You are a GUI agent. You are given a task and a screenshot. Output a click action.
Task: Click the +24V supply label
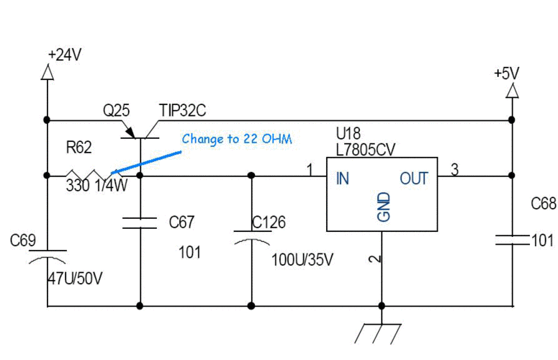pyautogui.click(x=64, y=55)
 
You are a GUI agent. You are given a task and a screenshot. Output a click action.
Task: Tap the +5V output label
pyautogui.click(x=506, y=73)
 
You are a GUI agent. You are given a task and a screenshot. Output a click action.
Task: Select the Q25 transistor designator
pyautogui.click(x=116, y=111)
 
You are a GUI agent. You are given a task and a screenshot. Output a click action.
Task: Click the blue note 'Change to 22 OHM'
pyautogui.click(x=237, y=139)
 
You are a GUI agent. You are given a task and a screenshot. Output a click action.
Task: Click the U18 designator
pyautogui.click(x=349, y=133)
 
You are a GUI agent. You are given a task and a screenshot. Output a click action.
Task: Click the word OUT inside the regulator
pyautogui.click(x=414, y=179)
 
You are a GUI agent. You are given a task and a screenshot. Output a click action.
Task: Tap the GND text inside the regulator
pyautogui.click(x=383, y=206)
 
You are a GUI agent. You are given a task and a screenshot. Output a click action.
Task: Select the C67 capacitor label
pyautogui.click(x=182, y=222)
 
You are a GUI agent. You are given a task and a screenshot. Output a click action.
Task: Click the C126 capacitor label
pyautogui.click(x=269, y=222)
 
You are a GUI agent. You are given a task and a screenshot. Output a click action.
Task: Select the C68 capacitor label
pyautogui.click(x=544, y=204)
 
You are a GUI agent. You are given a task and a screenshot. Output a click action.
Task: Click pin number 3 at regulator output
pyautogui.click(x=454, y=170)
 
